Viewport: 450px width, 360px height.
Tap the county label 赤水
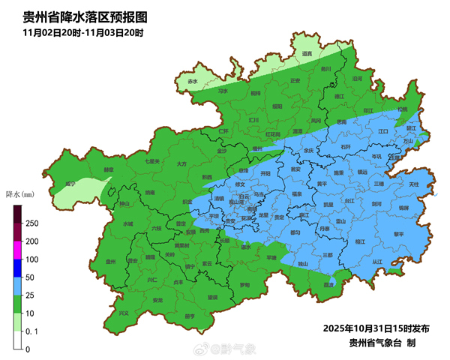click(193, 81)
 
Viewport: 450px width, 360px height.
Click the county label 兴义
click(124, 313)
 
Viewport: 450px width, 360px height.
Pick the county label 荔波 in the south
click(328, 285)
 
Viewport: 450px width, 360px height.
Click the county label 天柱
click(413, 184)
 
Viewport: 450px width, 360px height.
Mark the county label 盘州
click(111, 262)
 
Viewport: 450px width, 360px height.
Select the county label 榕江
click(360, 241)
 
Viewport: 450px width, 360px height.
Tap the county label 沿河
click(357, 78)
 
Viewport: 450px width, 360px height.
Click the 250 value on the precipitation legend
click(32, 223)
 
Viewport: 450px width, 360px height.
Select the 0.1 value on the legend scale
click(32, 331)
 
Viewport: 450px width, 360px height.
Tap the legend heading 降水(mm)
click(19, 194)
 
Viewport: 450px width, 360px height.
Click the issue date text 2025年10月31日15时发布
click(376, 328)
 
